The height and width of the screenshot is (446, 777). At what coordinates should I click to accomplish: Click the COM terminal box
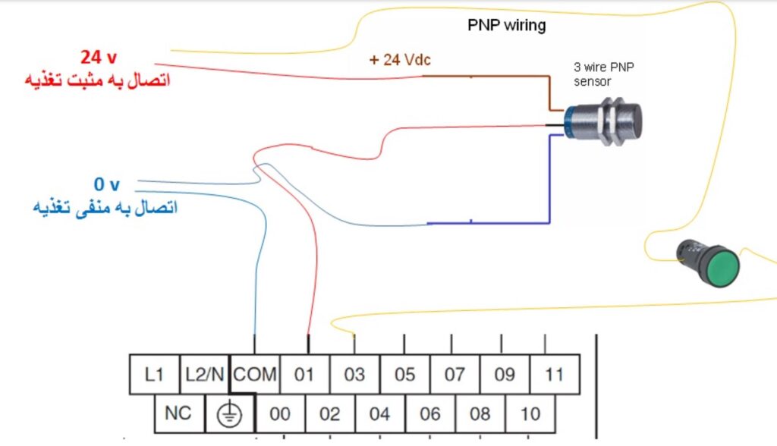255,374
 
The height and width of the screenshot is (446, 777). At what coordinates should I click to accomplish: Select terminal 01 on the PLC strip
304,374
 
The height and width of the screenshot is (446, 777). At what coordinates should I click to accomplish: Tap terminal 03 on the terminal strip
354,374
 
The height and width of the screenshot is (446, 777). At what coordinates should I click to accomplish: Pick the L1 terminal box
154,374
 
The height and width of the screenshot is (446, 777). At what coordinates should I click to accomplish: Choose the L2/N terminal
204,374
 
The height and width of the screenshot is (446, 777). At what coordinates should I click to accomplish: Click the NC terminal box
179,413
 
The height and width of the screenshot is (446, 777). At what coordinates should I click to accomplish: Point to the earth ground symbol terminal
229,413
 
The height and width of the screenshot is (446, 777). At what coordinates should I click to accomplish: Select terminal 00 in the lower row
280,413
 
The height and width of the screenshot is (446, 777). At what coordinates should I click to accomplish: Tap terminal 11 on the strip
555,374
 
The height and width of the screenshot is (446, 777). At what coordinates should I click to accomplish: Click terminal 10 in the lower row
530,413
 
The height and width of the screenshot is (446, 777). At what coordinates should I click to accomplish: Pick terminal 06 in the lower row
430,413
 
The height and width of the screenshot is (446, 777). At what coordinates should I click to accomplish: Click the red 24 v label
98,57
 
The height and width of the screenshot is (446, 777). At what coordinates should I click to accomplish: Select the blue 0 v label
106,184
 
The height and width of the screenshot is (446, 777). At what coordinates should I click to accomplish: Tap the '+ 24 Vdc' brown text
401,60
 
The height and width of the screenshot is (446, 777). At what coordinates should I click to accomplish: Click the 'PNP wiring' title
506,26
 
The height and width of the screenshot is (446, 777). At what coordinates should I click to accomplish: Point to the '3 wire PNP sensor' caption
603,74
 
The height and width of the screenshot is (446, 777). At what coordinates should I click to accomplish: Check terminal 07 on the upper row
455,374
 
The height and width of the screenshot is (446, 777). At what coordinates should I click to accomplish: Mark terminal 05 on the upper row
404,374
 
